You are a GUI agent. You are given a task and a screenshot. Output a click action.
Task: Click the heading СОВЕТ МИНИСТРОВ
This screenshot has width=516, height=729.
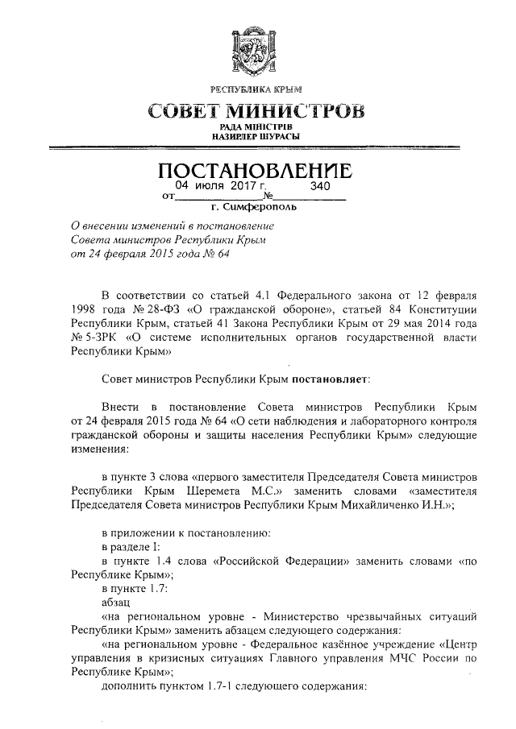256,110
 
